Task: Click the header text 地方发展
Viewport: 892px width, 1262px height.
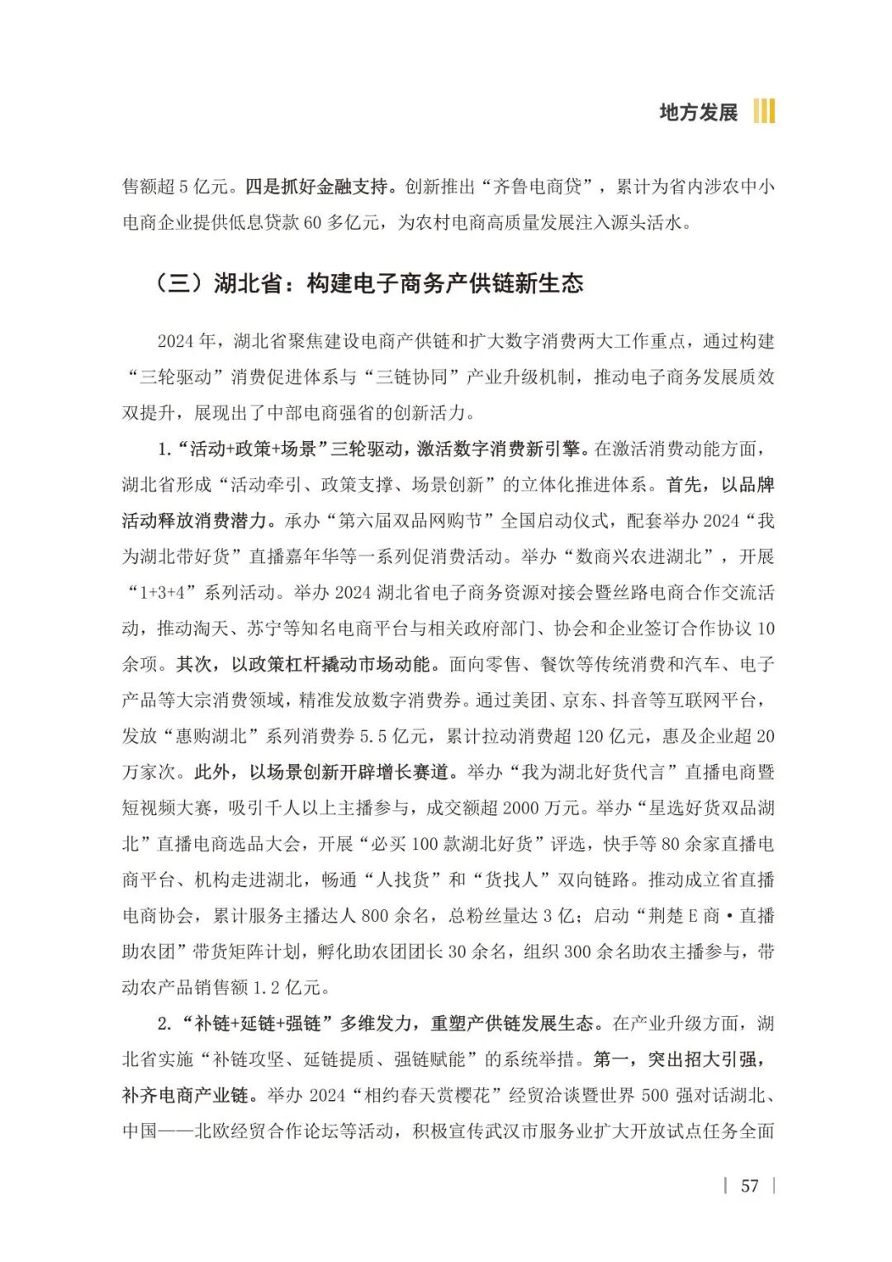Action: [698, 112]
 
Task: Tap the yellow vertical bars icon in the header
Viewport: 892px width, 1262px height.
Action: [764, 111]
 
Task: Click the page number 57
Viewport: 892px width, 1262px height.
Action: [749, 1186]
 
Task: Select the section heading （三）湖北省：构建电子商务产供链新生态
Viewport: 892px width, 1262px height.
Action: [368, 283]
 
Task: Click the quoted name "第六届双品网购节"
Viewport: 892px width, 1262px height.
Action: [410, 521]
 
